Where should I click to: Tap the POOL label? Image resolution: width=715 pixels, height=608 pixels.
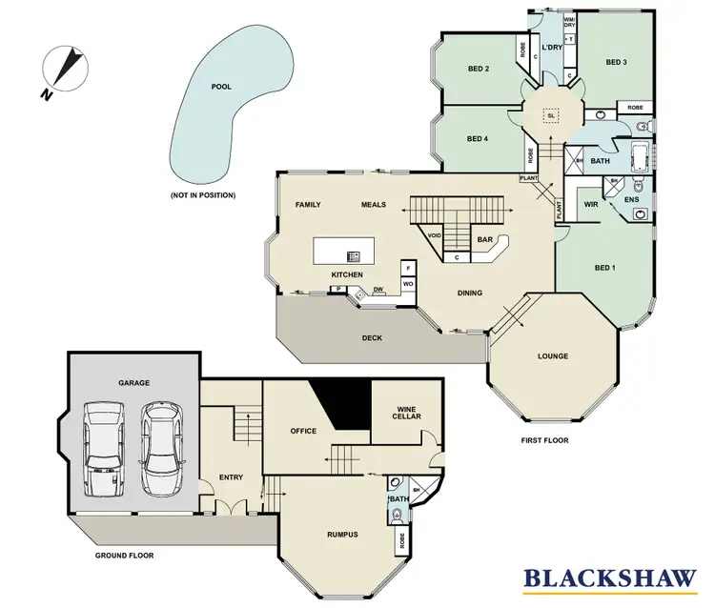pyautogui.click(x=222, y=86)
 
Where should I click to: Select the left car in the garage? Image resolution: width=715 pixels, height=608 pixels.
pyautogui.click(x=103, y=448)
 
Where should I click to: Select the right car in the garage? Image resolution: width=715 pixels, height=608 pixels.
pyautogui.click(x=160, y=448)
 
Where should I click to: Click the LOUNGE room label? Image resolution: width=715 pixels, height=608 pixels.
pyautogui.click(x=552, y=356)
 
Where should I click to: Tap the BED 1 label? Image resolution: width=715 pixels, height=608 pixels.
pyautogui.click(x=605, y=268)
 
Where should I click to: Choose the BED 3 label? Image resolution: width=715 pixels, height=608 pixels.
pyautogui.click(x=617, y=62)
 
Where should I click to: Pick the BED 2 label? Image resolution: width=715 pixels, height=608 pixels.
pyautogui.click(x=479, y=69)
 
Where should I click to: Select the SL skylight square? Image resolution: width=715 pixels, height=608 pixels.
pyautogui.click(x=550, y=115)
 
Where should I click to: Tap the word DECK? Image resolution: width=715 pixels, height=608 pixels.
pyautogui.click(x=372, y=337)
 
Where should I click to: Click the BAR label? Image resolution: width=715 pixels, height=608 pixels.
pyautogui.click(x=484, y=240)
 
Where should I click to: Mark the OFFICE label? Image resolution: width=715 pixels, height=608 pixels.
pyautogui.click(x=303, y=431)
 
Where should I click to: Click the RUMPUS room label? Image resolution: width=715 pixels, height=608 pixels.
pyautogui.click(x=341, y=534)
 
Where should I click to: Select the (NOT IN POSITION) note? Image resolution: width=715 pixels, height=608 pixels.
pyautogui.click(x=203, y=195)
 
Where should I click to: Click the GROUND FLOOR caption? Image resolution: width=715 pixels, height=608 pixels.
pyautogui.click(x=124, y=555)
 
